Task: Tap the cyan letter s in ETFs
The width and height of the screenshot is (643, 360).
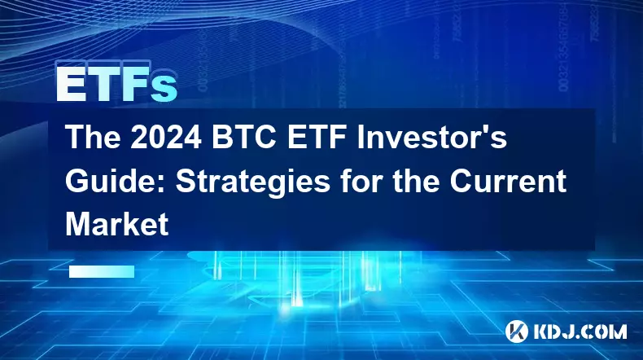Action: pos(163,89)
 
